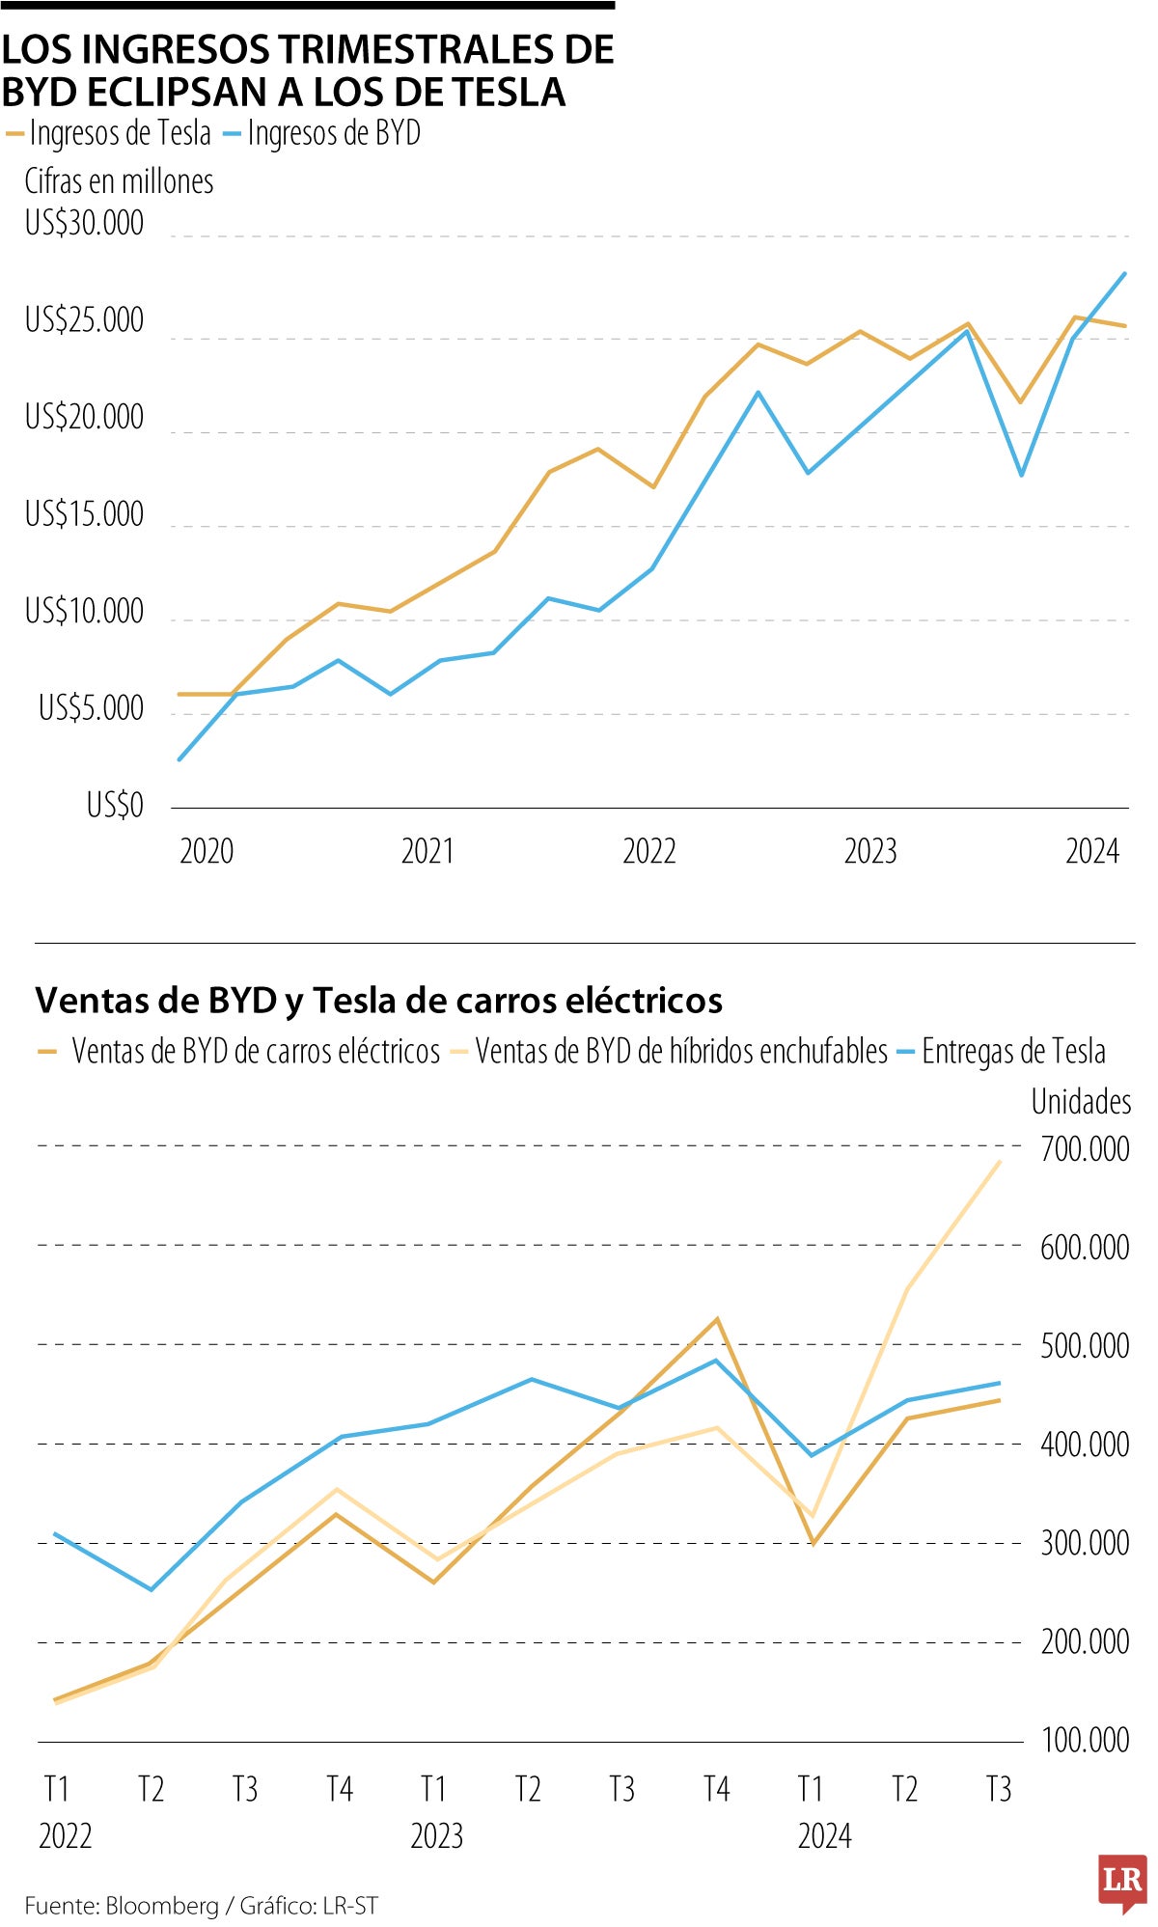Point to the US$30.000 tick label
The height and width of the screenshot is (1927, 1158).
84,223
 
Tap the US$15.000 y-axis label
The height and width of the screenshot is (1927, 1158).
84,514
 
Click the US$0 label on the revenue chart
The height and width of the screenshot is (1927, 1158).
115,805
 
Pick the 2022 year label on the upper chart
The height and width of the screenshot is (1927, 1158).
648,851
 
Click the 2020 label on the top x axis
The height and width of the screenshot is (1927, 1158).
207,851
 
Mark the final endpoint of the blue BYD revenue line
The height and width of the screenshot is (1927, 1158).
1125,273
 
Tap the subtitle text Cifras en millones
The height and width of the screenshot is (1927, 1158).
119,181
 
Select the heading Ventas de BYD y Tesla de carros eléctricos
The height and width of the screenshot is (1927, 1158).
379,1001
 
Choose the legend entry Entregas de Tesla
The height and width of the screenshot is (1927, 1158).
1013,1051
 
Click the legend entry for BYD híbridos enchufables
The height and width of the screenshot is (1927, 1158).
680,1051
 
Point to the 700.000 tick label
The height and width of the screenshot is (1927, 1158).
1085,1149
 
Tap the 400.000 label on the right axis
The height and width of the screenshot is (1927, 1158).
1085,1445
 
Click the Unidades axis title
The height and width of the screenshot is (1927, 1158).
1081,1101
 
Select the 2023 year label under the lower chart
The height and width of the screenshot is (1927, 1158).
436,1835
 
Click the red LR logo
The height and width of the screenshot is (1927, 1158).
1122,1881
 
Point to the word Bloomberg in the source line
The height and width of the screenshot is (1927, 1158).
162,1907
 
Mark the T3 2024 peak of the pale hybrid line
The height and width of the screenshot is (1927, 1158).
1000,1162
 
